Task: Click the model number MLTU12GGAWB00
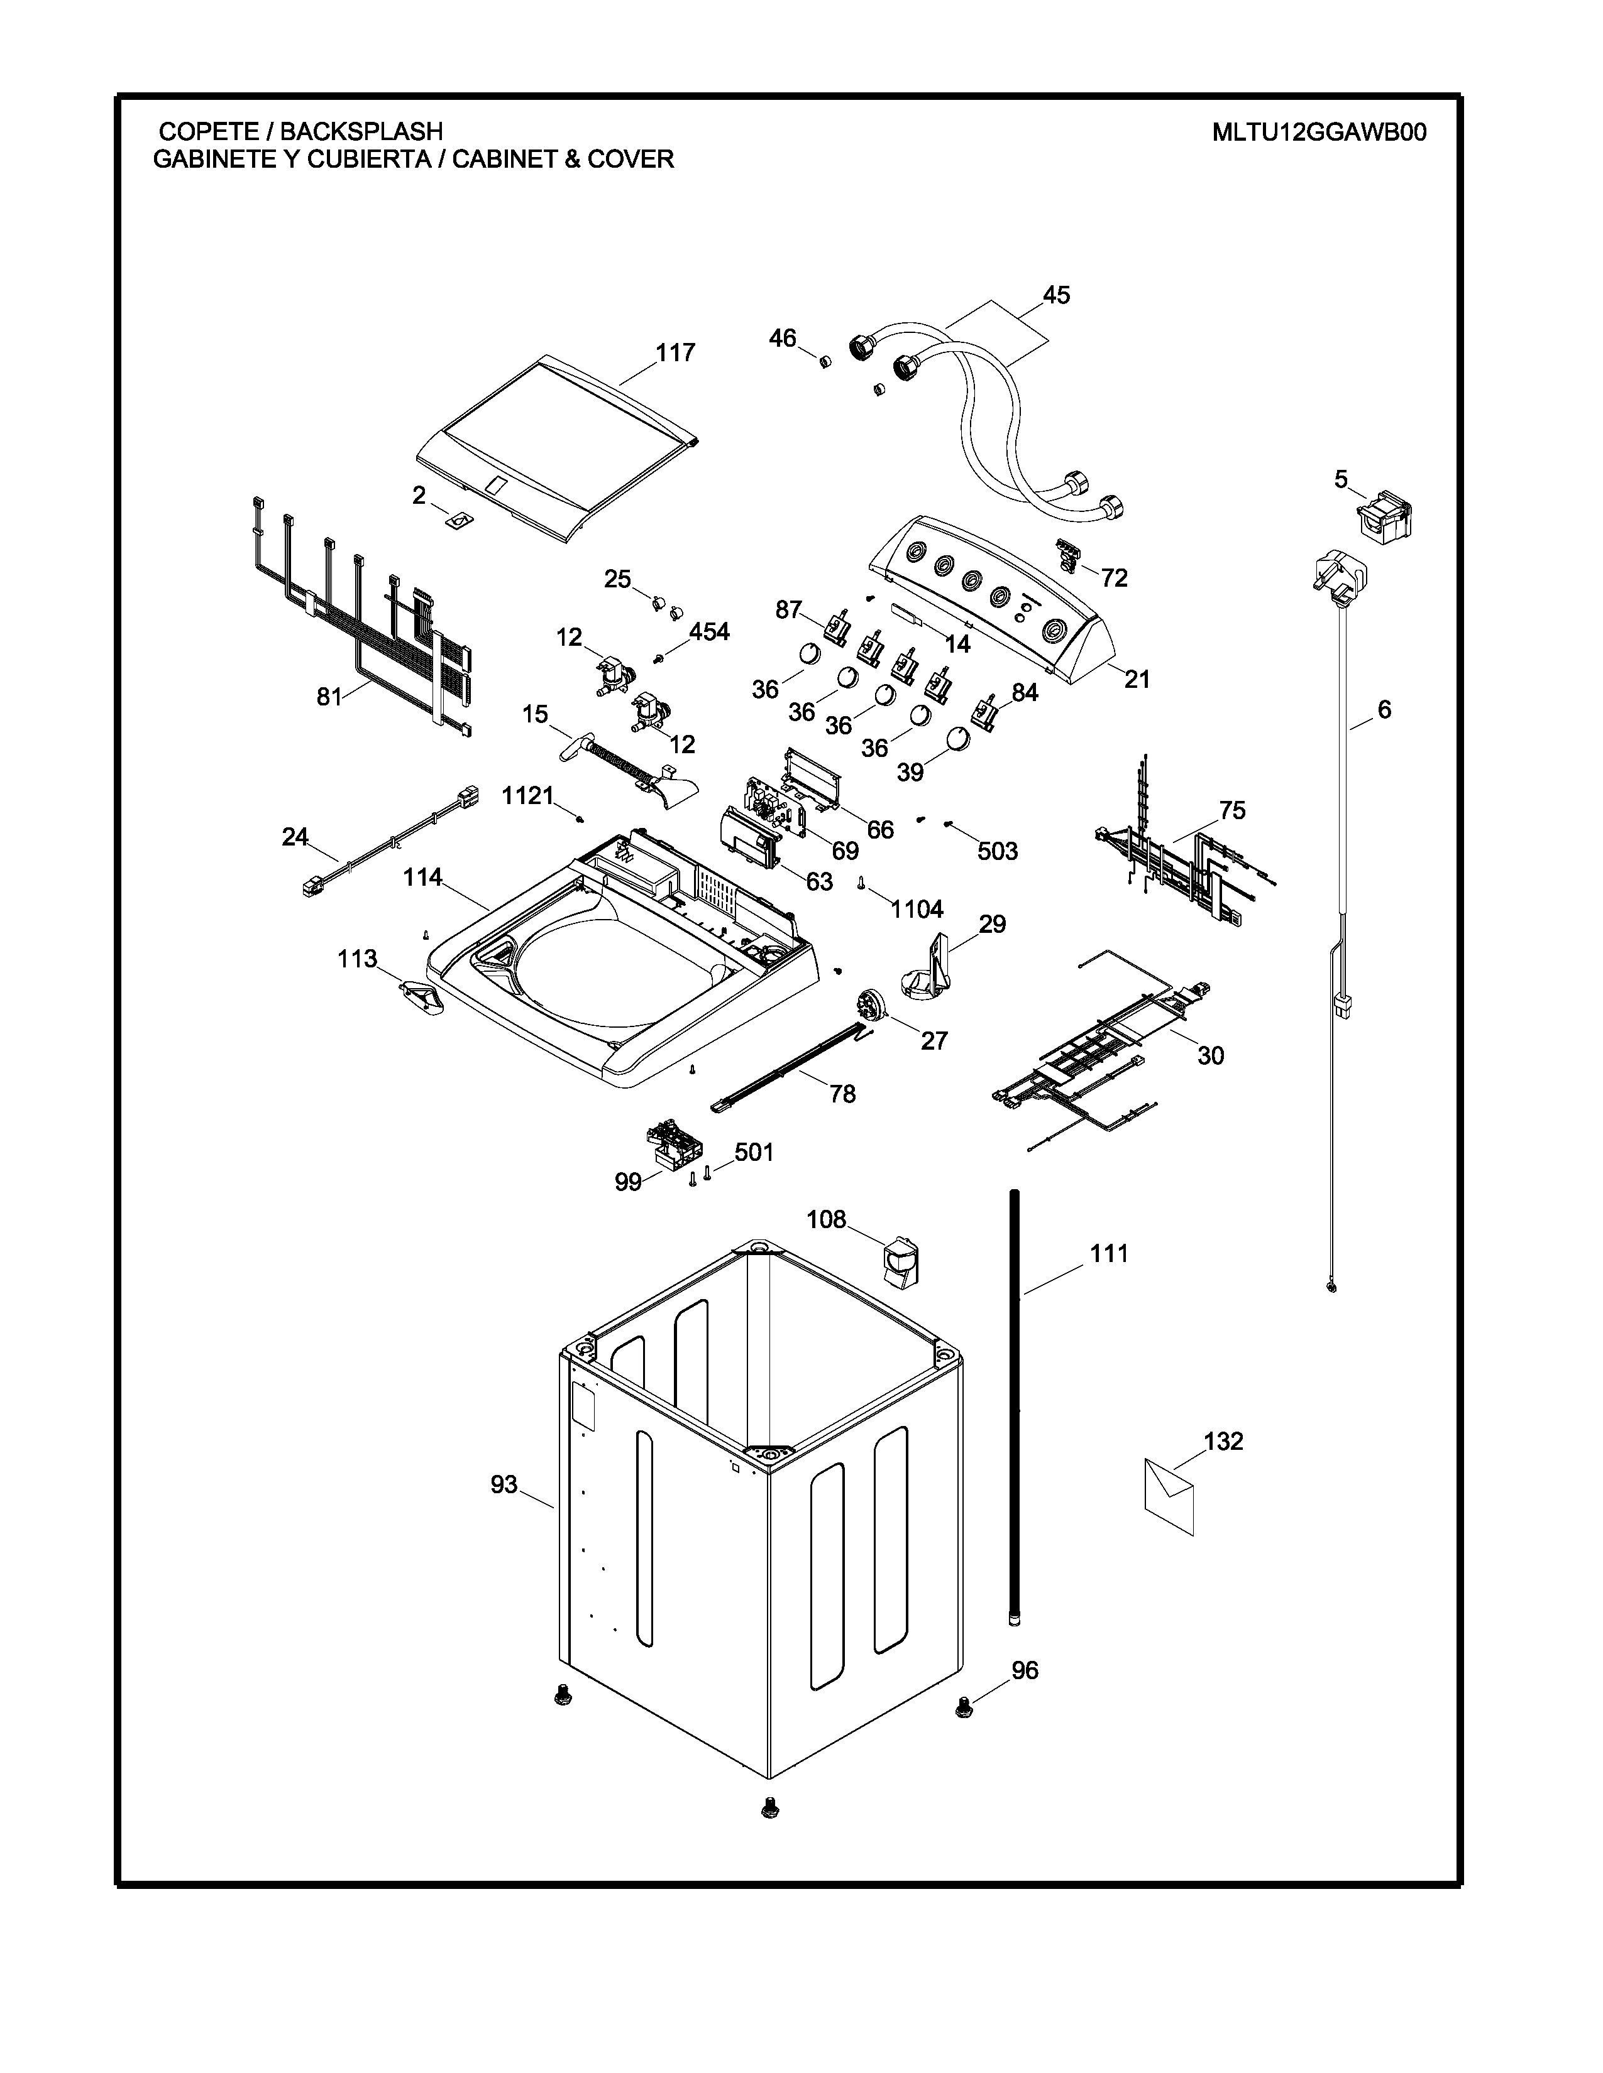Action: pos(1318,132)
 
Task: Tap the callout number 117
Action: pos(675,353)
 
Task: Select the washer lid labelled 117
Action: pos(560,446)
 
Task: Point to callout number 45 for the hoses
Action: pos(1056,295)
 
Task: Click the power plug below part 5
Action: pos(1342,581)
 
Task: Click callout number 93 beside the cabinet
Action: pos(504,1484)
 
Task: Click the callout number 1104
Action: pos(917,910)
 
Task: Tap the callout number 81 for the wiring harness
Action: pos(329,697)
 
